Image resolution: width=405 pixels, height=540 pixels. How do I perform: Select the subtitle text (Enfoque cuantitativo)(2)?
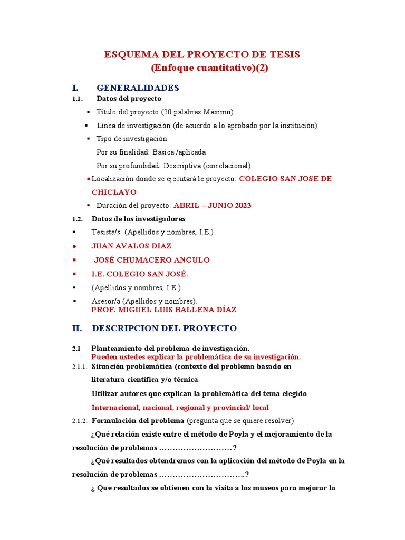click(x=209, y=69)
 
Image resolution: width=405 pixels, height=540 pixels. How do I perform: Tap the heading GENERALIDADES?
click(x=138, y=88)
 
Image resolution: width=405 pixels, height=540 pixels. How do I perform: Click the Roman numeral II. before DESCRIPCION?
click(x=77, y=328)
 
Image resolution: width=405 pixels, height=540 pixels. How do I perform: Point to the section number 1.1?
click(x=78, y=99)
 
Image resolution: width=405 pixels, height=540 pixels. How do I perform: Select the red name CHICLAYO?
click(x=114, y=192)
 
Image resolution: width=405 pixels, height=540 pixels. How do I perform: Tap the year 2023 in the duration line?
click(x=241, y=205)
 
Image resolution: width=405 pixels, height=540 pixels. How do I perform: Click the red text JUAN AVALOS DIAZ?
click(x=131, y=246)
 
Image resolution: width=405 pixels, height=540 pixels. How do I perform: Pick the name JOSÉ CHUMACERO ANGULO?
click(x=151, y=260)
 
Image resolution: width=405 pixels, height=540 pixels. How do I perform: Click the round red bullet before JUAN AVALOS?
click(x=74, y=246)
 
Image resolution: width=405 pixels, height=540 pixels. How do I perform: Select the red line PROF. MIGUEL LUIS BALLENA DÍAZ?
click(x=163, y=310)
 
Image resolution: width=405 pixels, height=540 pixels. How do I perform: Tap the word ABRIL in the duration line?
click(x=187, y=205)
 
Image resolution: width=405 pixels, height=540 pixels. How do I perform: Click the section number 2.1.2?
click(x=79, y=421)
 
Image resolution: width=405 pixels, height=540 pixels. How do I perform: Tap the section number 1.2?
click(x=78, y=219)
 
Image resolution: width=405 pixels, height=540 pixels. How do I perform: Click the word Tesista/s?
click(x=106, y=232)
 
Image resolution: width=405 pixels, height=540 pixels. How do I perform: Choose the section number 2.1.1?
click(x=79, y=367)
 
